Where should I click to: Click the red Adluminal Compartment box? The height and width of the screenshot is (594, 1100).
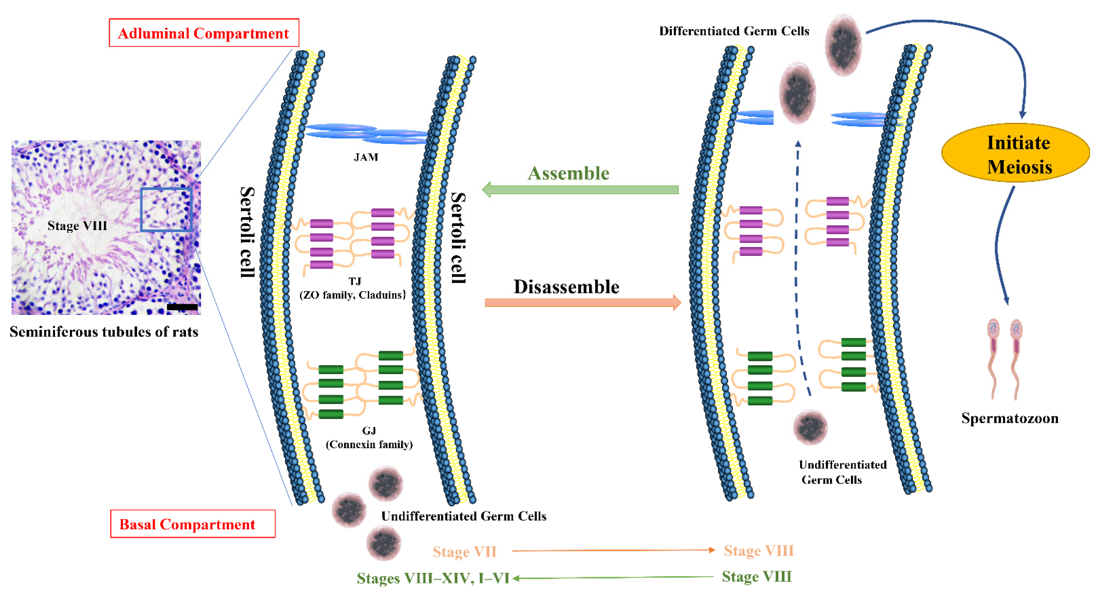click(x=204, y=33)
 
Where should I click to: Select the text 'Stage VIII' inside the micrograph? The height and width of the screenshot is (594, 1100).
click(x=77, y=226)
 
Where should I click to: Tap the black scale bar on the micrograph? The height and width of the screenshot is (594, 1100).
click(x=182, y=307)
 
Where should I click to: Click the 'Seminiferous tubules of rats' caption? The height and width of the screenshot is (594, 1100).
click(x=104, y=332)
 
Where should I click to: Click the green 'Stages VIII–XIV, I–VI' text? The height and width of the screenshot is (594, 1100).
click(x=433, y=578)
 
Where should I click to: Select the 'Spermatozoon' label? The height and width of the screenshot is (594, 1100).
click(x=1009, y=418)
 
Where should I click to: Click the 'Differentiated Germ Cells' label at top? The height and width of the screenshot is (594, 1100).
click(x=734, y=31)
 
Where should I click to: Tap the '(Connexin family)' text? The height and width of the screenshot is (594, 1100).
click(x=369, y=445)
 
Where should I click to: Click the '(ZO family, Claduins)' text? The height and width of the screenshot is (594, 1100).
click(x=352, y=295)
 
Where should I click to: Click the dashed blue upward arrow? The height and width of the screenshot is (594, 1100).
click(x=797, y=265)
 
